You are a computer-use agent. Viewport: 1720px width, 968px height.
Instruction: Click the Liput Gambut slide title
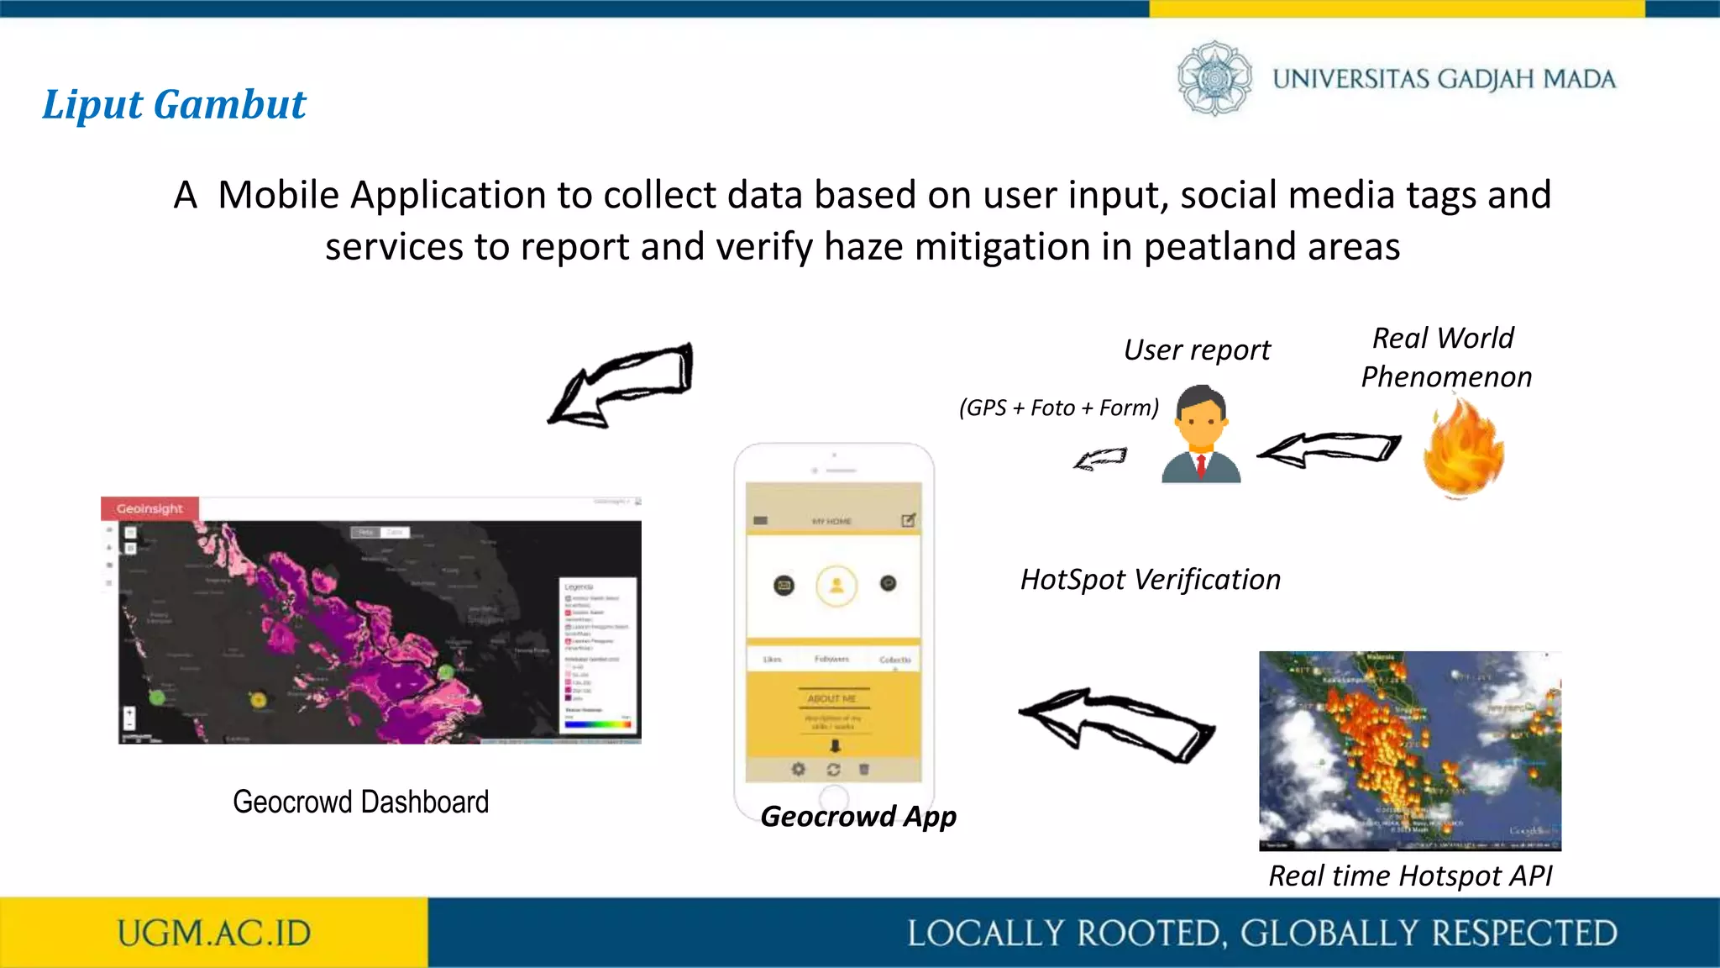pos(174,105)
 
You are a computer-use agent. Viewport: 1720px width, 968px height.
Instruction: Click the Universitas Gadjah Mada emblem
pos(1214,78)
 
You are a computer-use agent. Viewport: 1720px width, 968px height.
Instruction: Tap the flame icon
pos(1463,448)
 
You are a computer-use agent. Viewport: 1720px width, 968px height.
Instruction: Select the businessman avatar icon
pos(1200,434)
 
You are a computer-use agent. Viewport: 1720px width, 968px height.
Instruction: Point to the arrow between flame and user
pos(1329,449)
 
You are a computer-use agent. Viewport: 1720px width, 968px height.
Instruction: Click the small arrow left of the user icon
pos(1100,459)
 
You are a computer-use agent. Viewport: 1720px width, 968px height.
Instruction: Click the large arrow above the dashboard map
pos(621,384)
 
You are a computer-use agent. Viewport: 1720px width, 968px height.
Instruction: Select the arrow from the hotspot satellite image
pos(1116,724)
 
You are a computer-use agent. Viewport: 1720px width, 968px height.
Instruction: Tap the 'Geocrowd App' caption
pos(857,816)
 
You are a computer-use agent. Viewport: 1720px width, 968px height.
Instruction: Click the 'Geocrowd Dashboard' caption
pos(360,802)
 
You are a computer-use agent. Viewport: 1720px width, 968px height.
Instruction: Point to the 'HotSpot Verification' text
pos(1150,580)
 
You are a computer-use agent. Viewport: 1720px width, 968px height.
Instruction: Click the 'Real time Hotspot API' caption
pos(1410,876)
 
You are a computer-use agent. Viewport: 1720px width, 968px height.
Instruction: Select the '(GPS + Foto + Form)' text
pos(1058,408)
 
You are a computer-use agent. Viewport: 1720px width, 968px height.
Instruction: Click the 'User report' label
pos(1197,350)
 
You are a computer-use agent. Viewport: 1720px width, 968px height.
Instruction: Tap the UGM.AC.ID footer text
pos(214,933)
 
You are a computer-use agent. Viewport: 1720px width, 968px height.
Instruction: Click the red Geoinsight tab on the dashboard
pos(149,508)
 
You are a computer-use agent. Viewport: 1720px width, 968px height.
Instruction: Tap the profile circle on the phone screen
pos(836,585)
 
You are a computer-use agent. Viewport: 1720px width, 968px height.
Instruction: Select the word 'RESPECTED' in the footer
pos(1524,934)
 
